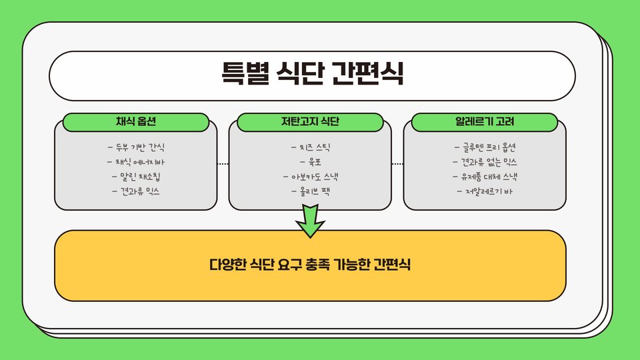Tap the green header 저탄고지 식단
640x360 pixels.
(310, 122)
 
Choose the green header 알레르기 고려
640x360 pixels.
(485, 122)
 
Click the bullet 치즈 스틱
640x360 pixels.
(310, 147)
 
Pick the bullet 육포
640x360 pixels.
(310, 162)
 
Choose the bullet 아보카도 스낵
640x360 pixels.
(310, 177)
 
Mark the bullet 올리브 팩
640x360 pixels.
(310, 192)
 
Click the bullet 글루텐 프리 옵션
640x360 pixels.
(485, 147)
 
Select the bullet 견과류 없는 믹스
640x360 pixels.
(485, 162)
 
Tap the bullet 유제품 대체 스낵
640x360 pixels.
(485, 177)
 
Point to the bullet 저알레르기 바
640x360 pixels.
(485, 192)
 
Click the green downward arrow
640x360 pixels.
(310, 221)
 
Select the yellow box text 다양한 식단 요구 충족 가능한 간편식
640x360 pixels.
(310, 264)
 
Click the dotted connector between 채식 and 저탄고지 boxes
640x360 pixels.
(223, 163)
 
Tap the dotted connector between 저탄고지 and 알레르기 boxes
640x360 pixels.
(397, 163)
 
